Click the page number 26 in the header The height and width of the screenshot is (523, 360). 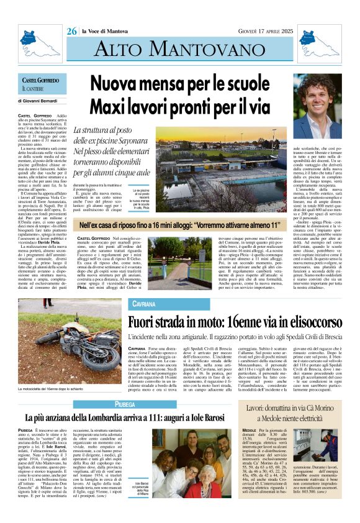point(72,31)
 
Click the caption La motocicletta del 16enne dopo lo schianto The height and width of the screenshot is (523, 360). point(59,388)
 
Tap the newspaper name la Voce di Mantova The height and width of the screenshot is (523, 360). point(109,32)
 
